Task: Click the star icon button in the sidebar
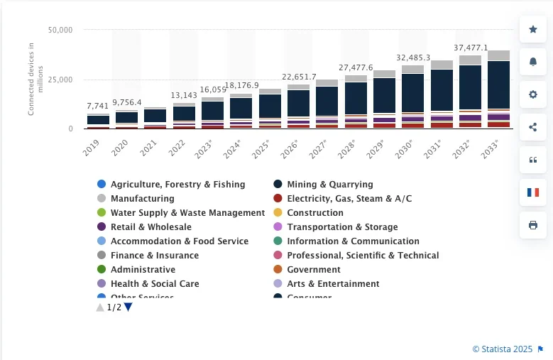[533, 30]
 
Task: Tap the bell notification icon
[533, 62]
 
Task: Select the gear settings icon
[533, 94]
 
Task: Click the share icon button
[533, 127]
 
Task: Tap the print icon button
[533, 225]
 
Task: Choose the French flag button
[533, 192]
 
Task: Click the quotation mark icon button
[533, 160]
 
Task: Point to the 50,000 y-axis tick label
[60, 31]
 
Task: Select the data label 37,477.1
[471, 48]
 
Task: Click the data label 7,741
[98, 106]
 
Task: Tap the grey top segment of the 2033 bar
[498, 55]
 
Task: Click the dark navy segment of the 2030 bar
[412, 92]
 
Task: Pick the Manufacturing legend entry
[142, 199]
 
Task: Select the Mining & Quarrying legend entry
[329, 185]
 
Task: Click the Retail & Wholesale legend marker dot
[102, 227]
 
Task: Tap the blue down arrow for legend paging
[128, 307]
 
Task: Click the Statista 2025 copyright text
[502, 349]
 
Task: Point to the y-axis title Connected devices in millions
[31, 78]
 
